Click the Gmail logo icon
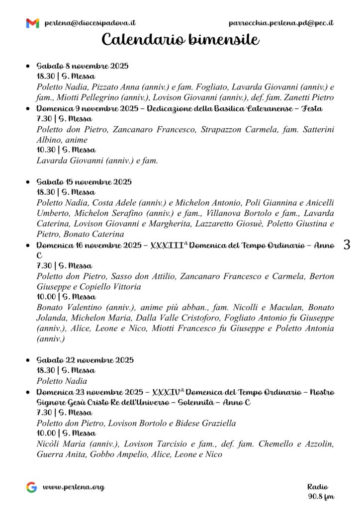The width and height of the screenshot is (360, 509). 32,23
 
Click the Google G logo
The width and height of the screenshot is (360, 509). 31,487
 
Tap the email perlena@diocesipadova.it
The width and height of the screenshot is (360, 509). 90,23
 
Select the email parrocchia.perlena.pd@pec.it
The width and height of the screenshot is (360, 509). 281,23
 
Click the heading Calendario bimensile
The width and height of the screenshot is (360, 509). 180,39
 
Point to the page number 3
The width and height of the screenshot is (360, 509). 347,245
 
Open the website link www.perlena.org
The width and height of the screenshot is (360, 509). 74,487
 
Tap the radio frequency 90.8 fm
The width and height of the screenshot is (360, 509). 321,496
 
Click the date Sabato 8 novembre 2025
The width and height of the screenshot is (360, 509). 83,66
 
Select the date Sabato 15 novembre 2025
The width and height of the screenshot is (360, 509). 84,182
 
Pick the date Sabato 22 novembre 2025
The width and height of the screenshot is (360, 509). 85,360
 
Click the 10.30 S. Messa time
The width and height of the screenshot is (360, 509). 66,150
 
